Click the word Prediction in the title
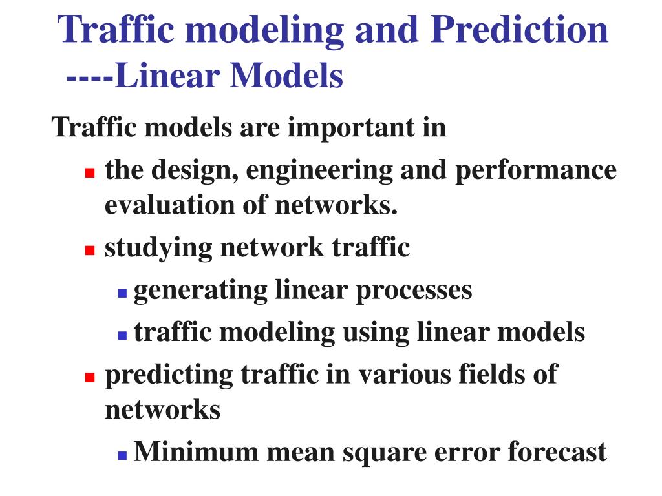point(519,30)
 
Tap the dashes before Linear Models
point(90,78)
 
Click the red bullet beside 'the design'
point(90,173)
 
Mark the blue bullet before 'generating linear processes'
point(122,293)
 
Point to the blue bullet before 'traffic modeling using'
point(122,335)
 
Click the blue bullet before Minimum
point(122,454)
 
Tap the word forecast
point(557,452)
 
